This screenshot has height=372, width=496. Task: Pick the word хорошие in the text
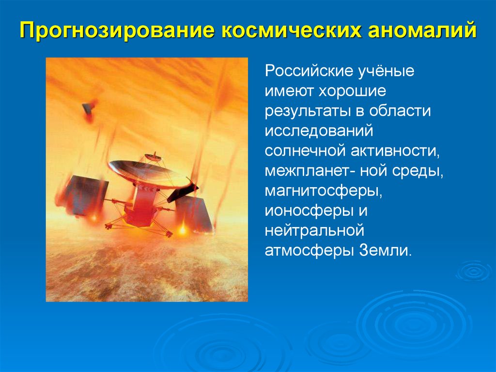point(352,92)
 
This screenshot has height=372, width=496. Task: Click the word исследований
point(319,131)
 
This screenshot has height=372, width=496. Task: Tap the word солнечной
point(305,151)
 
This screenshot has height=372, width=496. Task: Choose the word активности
point(395,151)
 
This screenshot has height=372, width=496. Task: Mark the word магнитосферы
point(324,192)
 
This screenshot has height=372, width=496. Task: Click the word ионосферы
point(309,211)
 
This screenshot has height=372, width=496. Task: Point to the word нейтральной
point(314,230)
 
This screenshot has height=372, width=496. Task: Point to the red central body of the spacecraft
point(142,206)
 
